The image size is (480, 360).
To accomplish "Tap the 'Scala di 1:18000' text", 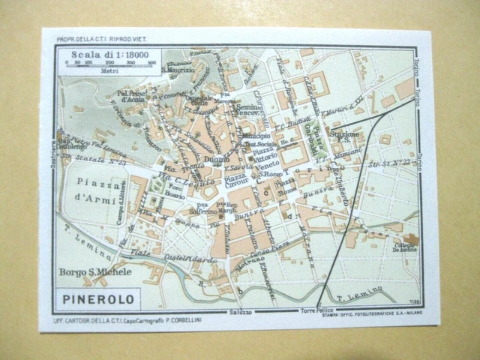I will tap(109, 54).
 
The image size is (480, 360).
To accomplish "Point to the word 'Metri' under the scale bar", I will tap(105, 71).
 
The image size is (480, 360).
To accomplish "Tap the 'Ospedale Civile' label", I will tap(200, 103).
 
